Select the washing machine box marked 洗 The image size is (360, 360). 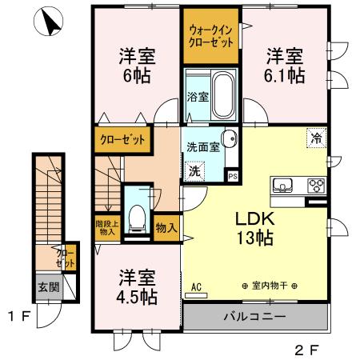[194, 170]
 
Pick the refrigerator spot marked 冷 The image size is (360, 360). [316, 138]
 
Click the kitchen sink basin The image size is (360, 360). [283, 186]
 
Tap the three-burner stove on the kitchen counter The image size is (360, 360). [314, 186]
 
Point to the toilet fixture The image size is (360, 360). [138, 214]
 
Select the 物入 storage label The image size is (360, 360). [166, 228]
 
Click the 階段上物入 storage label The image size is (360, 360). [106, 228]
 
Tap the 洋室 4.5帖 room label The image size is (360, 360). [137, 286]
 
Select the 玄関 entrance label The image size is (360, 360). [48, 286]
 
